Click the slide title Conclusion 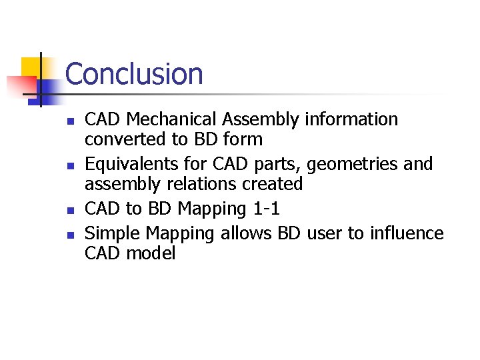coord(134,74)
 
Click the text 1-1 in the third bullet coord(267,209)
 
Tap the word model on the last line coord(153,254)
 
